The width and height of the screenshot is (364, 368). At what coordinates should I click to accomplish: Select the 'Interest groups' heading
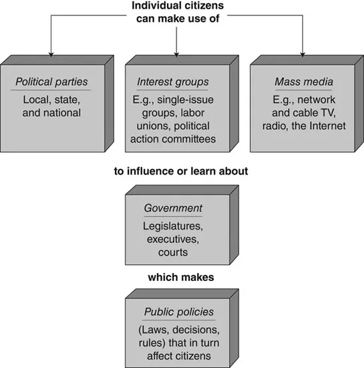[x=173, y=84]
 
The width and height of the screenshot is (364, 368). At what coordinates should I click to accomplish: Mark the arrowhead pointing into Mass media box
[x=303, y=54]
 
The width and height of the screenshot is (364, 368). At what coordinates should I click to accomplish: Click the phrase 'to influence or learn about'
[x=181, y=171]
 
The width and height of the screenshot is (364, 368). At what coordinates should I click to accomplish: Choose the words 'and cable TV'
[x=297, y=112]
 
